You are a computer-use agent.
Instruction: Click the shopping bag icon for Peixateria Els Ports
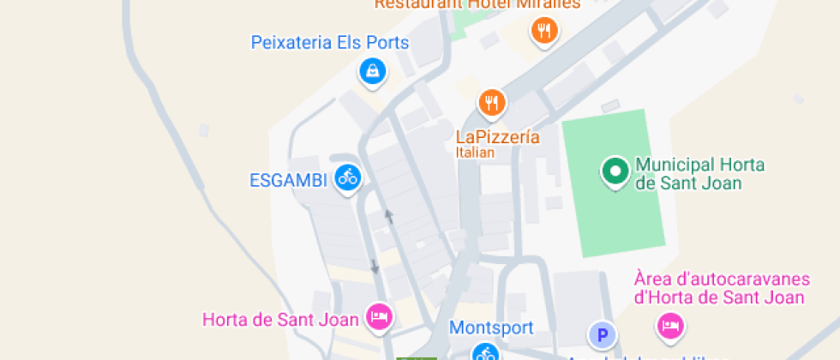pyautogui.click(x=371, y=70)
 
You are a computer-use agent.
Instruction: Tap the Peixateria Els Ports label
pyautogui.click(x=330, y=42)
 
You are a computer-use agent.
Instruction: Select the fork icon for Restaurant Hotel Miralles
pyautogui.click(x=543, y=32)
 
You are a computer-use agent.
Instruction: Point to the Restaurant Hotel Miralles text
pyautogui.click(x=477, y=4)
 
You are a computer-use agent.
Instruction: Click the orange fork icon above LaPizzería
pyautogui.click(x=491, y=103)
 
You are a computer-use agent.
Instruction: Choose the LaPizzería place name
pyautogui.click(x=497, y=136)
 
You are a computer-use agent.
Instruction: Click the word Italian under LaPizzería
pyautogui.click(x=475, y=153)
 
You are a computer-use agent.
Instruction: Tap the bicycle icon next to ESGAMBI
pyautogui.click(x=347, y=177)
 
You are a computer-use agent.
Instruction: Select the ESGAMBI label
pyautogui.click(x=290, y=181)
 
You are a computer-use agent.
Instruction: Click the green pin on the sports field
pyautogui.click(x=615, y=171)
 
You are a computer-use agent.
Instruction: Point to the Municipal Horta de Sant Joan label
pyautogui.click(x=699, y=174)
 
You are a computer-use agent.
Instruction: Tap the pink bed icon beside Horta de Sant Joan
pyautogui.click(x=378, y=316)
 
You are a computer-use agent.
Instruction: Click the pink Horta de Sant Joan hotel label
pyautogui.click(x=280, y=321)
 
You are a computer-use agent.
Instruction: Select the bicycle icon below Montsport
pyautogui.click(x=485, y=352)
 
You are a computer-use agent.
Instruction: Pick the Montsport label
pyautogui.click(x=491, y=327)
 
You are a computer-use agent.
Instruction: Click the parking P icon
pyautogui.click(x=602, y=334)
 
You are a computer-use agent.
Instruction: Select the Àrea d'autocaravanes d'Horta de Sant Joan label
pyautogui.click(x=719, y=289)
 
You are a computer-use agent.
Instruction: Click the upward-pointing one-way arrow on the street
pyautogui.click(x=389, y=217)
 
